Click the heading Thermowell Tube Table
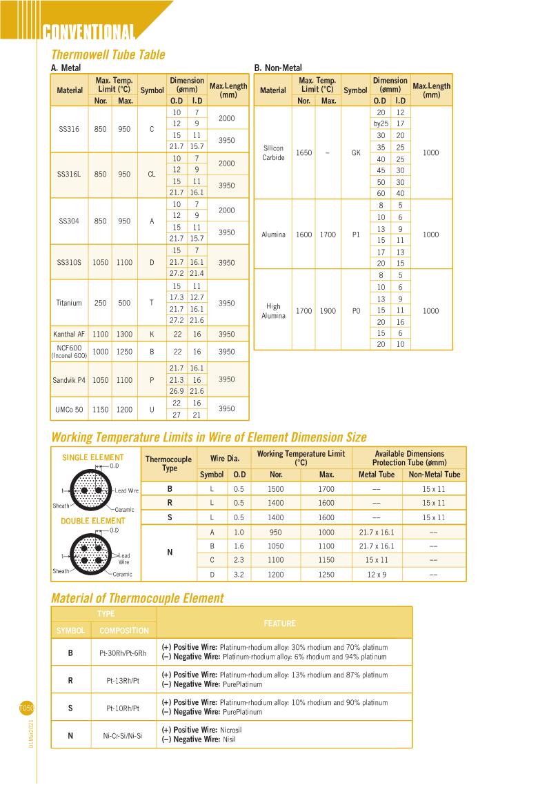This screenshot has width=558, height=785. tap(108, 54)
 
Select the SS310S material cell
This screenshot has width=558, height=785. tap(70, 262)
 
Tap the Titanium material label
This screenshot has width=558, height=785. tap(69, 303)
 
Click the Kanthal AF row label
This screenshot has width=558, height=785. tap(70, 335)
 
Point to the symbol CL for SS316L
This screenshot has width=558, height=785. tap(152, 175)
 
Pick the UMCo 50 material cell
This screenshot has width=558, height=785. tap(69, 409)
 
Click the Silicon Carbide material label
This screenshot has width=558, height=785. tap(274, 152)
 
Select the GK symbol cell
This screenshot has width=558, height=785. tap(356, 152)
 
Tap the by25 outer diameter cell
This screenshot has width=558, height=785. tap(381, 123)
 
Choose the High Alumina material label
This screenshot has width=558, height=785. tap(274, 311)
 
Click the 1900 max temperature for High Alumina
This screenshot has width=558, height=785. tap(328, 311)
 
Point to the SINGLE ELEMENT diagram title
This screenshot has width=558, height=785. tap(93, 457)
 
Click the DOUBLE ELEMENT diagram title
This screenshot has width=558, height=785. tap(93, 521)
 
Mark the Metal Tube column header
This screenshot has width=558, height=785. tap(377, 475)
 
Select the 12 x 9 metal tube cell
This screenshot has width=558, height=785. tap(377, 574)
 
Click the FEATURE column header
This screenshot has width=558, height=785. tap(279, 624)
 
